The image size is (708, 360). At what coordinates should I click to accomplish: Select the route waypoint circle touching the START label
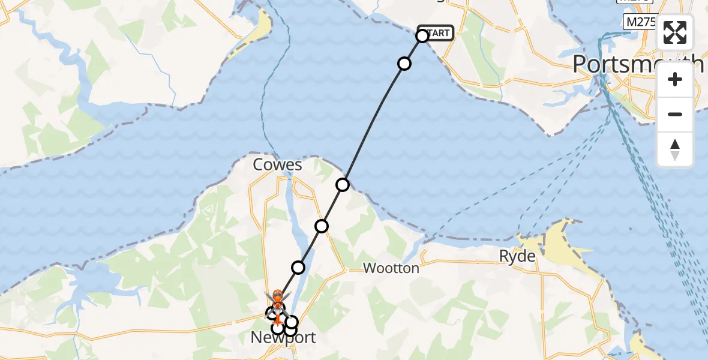422,36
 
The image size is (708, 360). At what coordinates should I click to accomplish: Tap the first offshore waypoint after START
404,64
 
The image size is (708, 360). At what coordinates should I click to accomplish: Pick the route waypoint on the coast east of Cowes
343,185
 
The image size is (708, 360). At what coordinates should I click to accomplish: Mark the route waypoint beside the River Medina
298,268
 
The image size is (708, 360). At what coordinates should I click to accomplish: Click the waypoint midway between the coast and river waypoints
322,226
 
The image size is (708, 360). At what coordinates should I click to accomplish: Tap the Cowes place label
277,165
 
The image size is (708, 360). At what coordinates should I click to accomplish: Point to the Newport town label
283,338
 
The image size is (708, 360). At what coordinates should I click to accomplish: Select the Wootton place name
391,268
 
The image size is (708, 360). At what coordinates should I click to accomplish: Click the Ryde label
517,256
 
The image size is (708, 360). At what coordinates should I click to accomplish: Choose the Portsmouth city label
638,63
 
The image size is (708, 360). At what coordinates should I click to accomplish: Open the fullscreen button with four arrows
675,32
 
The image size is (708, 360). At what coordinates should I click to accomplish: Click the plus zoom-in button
675,80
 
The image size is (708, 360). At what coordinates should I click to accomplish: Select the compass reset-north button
675,149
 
